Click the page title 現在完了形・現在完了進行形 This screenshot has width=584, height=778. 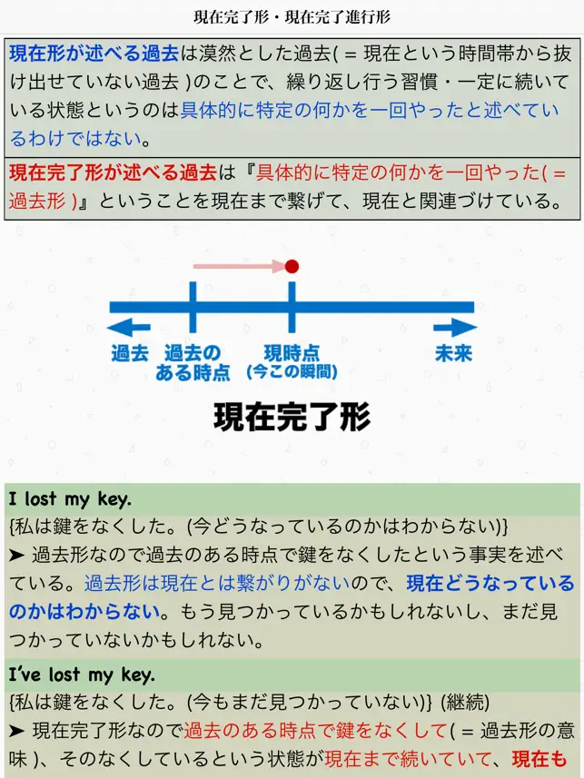point(292,17)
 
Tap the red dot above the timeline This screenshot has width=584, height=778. point(292,267)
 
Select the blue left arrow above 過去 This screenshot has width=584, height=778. point(129,328)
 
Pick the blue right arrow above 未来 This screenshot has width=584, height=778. point(455,328)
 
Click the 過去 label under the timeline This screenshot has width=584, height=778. point(130,353)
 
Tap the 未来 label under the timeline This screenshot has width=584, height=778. point(453,353)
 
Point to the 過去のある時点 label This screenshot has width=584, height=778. point(193,363)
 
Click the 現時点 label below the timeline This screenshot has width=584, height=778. point(292,353)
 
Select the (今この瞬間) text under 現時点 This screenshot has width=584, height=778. point(292,371)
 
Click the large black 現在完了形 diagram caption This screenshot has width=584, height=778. point(292,417)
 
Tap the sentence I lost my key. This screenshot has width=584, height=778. point(70,498)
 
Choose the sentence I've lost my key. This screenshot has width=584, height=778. point(82,675)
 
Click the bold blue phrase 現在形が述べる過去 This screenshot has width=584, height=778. point(94,54)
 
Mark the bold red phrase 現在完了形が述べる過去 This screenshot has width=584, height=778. point(113,172)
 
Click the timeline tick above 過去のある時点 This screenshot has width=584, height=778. point(193,307)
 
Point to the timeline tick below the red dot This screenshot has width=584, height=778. point(292,307)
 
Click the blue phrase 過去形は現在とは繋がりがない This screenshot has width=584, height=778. point(217,584)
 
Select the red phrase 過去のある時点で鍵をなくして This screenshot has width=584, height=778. point(316,731)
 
